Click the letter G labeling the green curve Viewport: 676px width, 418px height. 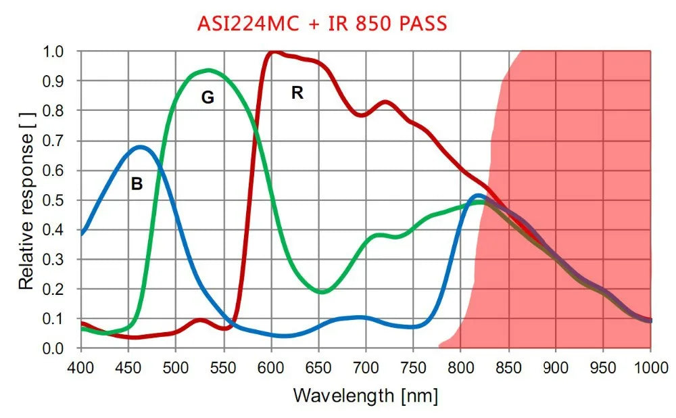tap(208, 98)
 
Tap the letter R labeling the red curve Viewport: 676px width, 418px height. tap(297, 93)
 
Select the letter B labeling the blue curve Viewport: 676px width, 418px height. tap(137, 183)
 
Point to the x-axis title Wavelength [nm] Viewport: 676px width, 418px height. tap(365, 394)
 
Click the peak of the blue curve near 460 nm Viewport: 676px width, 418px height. tap(140, 147)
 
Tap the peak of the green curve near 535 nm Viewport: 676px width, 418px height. tap(209, 70)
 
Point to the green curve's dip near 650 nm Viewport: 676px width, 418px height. tap(322, 292)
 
